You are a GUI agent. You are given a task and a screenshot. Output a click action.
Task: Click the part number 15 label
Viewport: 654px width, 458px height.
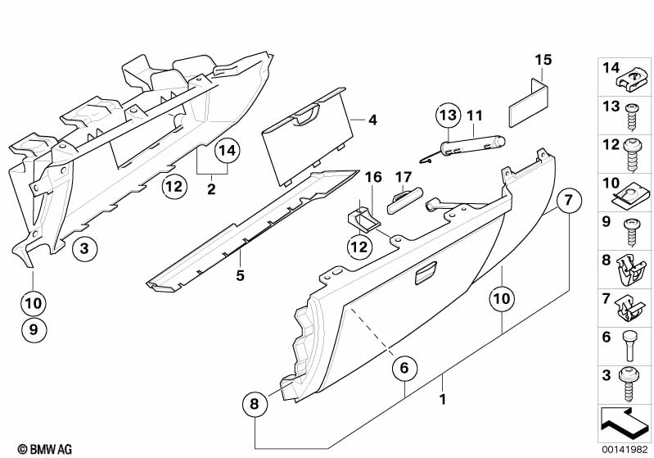(544, 60)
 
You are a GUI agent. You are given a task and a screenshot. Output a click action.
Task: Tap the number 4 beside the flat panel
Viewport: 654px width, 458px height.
(372, 120)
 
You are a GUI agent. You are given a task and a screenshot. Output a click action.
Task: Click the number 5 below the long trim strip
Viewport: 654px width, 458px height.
(241, 275)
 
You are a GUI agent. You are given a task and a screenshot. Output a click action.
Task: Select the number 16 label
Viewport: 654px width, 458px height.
(373, 177)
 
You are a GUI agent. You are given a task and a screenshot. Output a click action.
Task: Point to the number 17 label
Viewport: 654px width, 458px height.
(403, 177)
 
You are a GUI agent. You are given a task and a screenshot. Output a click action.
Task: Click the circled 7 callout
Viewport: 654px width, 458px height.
(570, 200)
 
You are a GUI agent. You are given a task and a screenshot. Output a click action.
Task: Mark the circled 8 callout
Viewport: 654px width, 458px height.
(255, 403)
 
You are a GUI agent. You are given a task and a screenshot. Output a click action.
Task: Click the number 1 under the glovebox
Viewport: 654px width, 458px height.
(442, 401)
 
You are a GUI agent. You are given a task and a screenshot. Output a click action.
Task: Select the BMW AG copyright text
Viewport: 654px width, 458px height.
(39, 449)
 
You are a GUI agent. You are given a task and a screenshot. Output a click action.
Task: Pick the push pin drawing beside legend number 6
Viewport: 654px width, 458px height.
(629, 346)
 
